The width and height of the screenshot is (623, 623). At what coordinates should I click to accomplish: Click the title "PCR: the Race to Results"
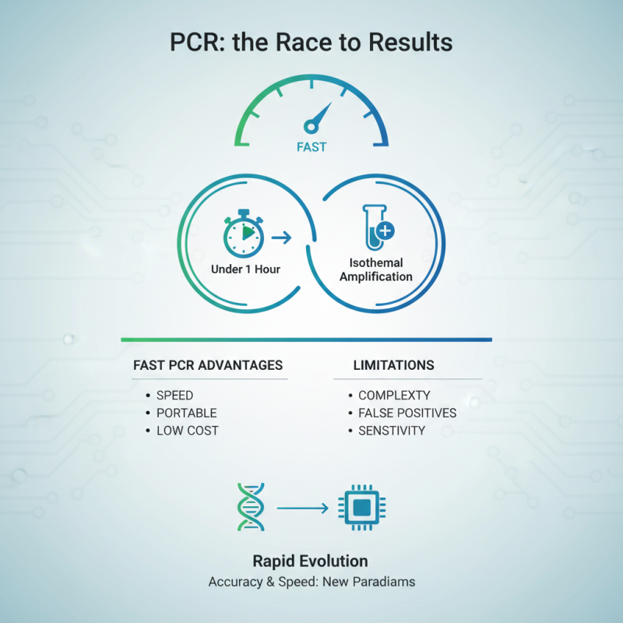coord(311,42)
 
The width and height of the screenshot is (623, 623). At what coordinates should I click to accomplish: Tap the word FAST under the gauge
coord(311,146)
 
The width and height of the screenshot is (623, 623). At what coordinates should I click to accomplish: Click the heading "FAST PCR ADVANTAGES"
coord(208,365)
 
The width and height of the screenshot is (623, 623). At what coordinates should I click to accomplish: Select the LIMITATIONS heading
coord(393,365)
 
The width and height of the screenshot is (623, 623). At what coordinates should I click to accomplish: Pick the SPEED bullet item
coord(174,395)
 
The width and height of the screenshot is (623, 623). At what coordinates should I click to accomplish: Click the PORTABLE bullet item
coord(186,413)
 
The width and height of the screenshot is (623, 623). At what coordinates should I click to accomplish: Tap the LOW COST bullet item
coord(187,431)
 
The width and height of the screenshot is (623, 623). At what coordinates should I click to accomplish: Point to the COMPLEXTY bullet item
coord(394,395)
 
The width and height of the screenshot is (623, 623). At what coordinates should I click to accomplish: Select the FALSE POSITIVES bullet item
coord(407,413)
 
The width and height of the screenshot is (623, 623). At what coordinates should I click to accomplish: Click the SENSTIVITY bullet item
coord(392,431)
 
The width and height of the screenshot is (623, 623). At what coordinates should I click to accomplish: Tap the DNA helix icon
coord(249,506)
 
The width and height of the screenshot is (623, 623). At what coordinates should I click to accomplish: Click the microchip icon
coord(362,508)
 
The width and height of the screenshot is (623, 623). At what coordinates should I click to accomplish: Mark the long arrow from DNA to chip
coord(303,509)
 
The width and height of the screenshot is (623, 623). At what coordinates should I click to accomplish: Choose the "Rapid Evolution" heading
coord(310,561)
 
